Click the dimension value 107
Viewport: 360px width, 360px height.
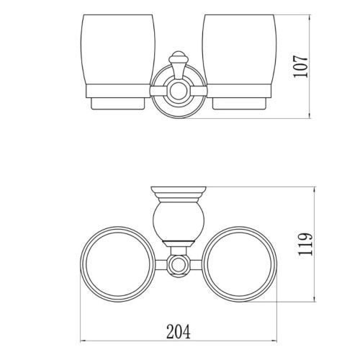(300, 66)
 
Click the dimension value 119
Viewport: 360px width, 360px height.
(305, 244)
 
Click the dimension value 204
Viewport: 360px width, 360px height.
(179, 331)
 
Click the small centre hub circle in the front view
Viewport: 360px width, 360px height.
(179, 91)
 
